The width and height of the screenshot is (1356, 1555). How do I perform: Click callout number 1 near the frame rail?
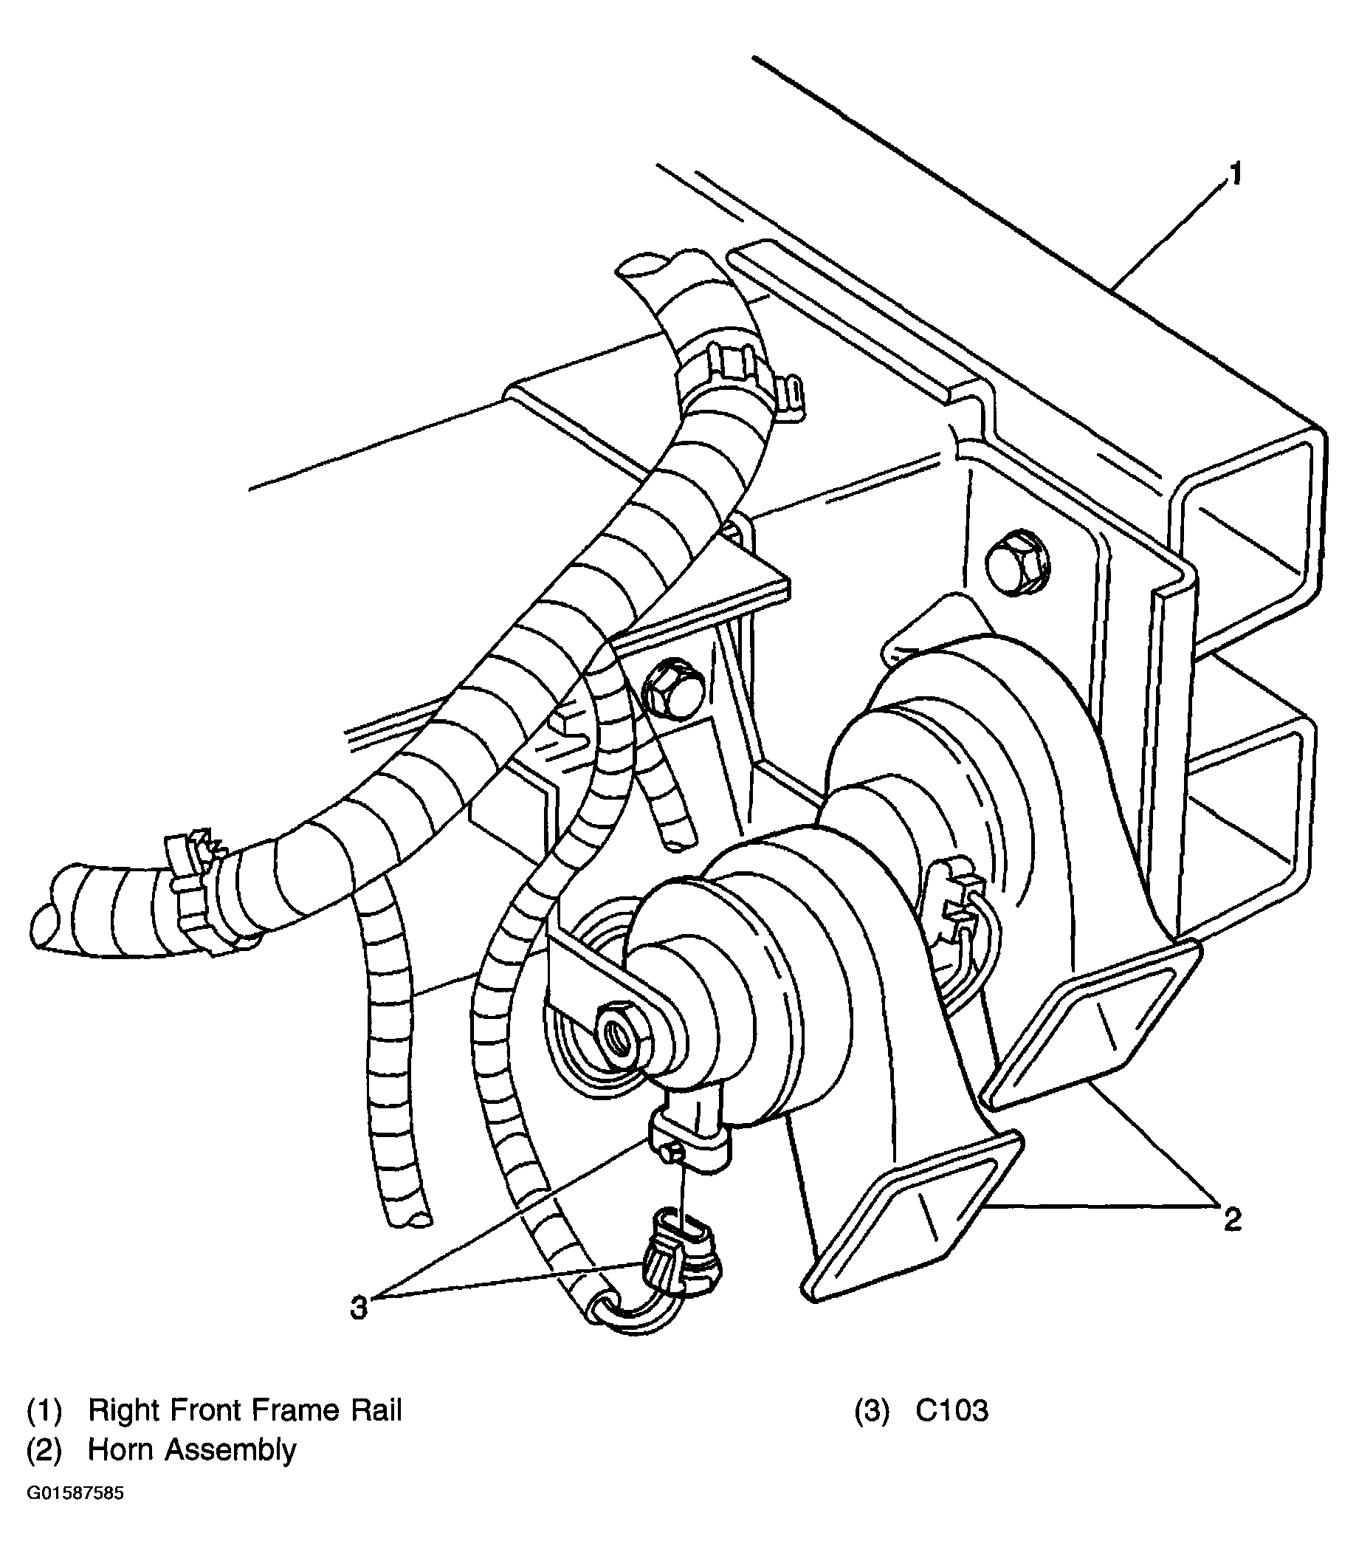click(x=1234, y=175)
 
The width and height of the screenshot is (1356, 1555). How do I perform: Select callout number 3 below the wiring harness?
click(x=359, y=1307)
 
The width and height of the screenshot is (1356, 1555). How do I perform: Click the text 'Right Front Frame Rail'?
click(x=244, y=1410)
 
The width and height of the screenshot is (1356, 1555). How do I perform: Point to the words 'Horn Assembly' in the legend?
click(x=192, y=1449)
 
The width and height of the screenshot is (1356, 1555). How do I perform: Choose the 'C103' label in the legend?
click(x=951, y=1410)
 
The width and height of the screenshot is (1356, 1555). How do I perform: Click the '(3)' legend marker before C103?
click(x=872, y=1410)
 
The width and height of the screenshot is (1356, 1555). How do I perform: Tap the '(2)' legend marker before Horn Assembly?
click(x=44, y=1449)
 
